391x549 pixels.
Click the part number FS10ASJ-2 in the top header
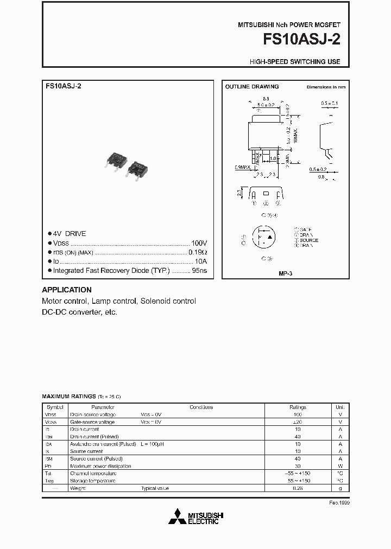[x=301, y=41]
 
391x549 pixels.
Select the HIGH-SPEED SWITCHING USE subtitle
[x=295, y=62]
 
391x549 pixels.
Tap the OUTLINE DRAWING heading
[x=252, y=87]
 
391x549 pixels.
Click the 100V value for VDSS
[x=199, y=243]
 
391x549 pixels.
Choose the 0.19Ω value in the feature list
[x=198, y=252]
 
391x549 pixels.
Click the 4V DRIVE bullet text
[x=70, y=234]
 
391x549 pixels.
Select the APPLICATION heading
[x=67, y=290]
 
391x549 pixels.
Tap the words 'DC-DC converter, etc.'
[x=79, y=312]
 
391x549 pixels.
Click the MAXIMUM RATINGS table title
[x=69, y=397]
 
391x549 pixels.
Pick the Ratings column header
[x=298, y=407]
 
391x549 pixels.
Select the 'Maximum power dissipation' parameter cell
[x=100, y=466]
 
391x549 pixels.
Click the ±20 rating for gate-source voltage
[x=298, y=422]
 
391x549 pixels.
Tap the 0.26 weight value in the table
[x=298, y=488]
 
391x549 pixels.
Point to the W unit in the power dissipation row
[x=340, y=466]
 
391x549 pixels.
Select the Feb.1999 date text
[x=337, y=502]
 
